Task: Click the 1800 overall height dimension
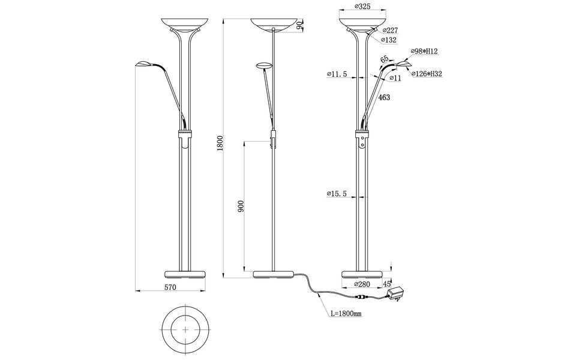[x=220, y=144]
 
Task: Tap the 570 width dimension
[x=170, y=288]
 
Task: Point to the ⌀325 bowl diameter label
[x=362, y=8]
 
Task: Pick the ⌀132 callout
[x=390, y=40]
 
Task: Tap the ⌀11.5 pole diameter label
[x=338, y=74]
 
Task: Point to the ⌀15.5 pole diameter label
[x=338, y=193]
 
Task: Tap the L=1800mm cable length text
[x=346, y=313]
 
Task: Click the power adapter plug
[x=397, y=293]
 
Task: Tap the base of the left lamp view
[x=185, y=274]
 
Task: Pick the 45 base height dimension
[x=386, y=284]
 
